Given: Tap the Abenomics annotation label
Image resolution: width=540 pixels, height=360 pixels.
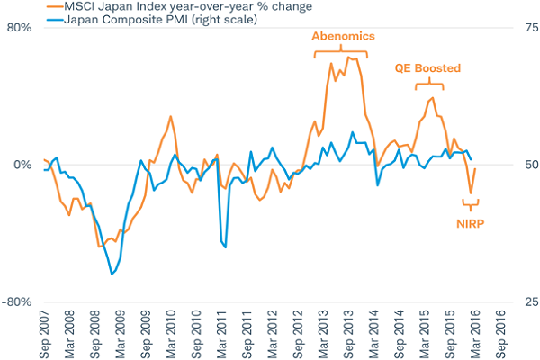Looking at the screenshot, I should click(x=343, y=37).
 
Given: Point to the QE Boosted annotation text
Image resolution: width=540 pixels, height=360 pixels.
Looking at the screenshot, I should click(x=428, y=67).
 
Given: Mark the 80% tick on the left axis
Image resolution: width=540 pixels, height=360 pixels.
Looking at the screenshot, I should click(x=20, y=27).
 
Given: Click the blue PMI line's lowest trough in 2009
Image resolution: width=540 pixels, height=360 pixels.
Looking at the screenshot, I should click(x=112, y=274).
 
